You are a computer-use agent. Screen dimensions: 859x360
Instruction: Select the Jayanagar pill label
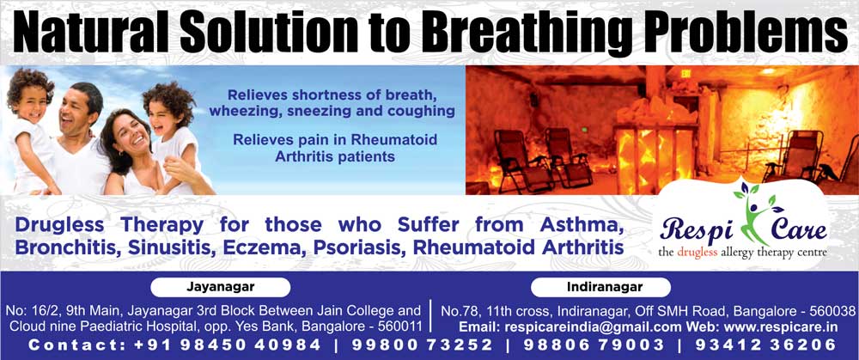point(220,287)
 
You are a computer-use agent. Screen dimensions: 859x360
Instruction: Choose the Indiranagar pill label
point(601,287)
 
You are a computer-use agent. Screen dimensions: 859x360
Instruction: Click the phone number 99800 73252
point(423,345)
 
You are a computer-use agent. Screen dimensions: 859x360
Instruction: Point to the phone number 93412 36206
point(765,345)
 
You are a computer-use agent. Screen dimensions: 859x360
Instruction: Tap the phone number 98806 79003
point(594,345)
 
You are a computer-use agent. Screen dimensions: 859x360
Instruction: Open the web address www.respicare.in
point(781,327)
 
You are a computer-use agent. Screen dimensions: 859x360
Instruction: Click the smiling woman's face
point(131,136)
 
